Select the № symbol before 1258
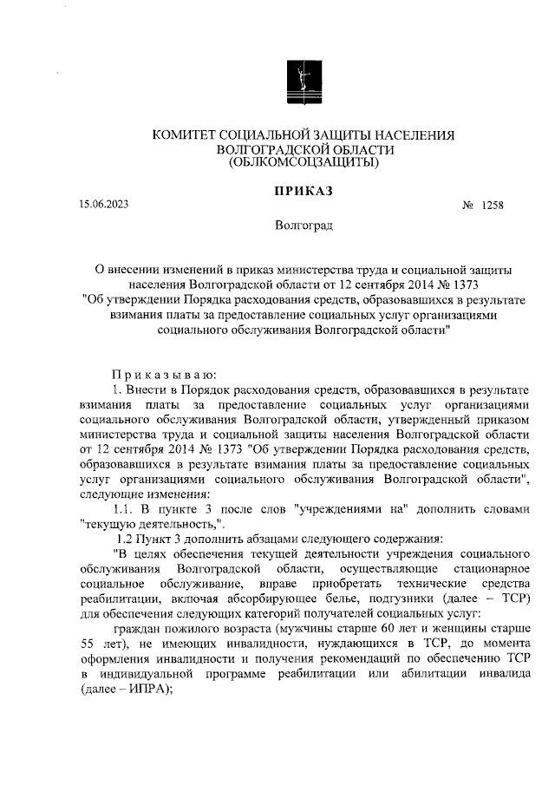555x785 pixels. [x=467, y=206]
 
